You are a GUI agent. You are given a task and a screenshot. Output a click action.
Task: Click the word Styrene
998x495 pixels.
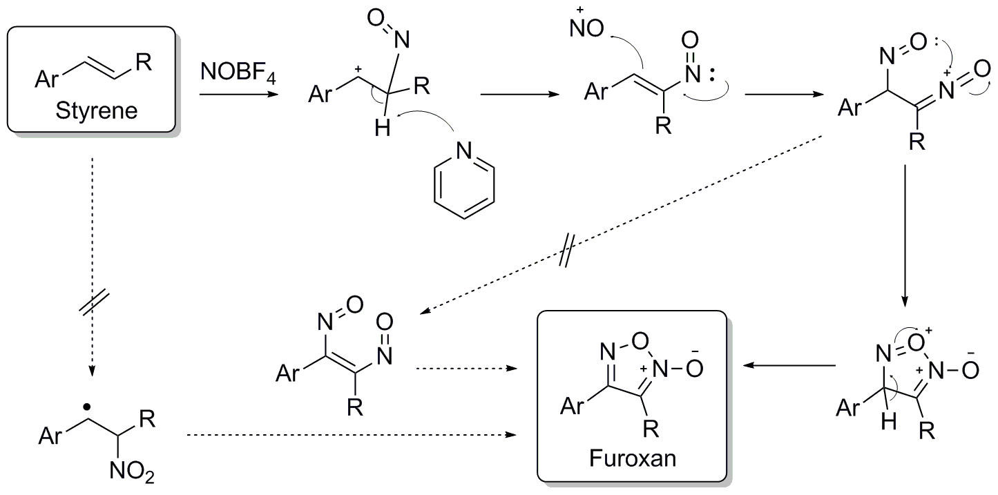point(93,110)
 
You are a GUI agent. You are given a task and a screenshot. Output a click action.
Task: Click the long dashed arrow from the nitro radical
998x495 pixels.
point(352,435)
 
